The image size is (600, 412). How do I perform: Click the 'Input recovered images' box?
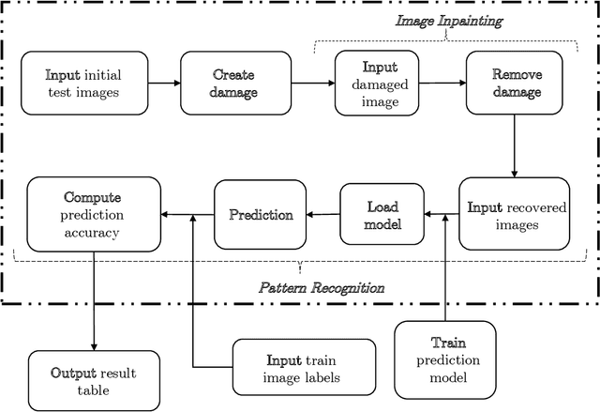pos(512,215)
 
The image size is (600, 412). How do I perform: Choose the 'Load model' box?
pos(382,215)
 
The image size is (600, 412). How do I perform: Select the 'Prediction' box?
pos(261,215)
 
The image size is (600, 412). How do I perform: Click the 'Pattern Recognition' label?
pos(321,287)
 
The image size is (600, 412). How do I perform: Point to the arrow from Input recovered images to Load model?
pos(440,215)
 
